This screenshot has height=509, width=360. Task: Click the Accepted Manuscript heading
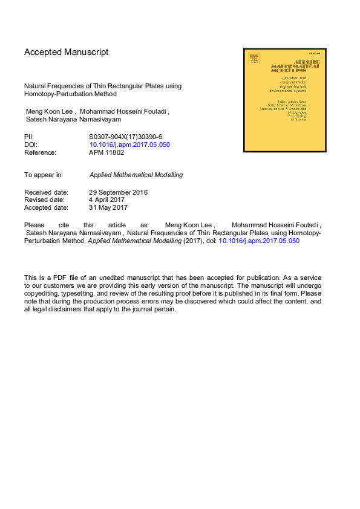click(66, 52)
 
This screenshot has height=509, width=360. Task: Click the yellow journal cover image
click(284, 100)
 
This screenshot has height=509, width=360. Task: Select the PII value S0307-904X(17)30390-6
click(126, 137)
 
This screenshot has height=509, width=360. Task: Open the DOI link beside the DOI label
click(129, 145)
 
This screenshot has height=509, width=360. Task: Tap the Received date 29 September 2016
click(119, 192)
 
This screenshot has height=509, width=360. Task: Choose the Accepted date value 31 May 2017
click(108, 208)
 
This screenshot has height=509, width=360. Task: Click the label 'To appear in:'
click(44, 175)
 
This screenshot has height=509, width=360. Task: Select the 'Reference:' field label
click(40, 153)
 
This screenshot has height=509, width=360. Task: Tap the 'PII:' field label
click(30, 137)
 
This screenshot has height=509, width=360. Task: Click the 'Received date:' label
click(46, 192)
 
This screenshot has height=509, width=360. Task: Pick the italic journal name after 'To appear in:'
click(136, 175)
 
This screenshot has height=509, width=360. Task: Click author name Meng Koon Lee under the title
click(49, 112)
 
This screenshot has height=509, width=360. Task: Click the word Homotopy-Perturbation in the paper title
click(62, 94)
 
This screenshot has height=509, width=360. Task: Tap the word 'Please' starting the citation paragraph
click(34, 225)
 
